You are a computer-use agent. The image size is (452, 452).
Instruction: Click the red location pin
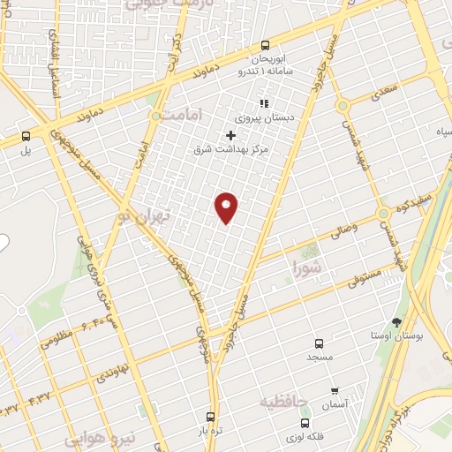(227, 207)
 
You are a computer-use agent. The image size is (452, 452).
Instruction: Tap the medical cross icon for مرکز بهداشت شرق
(231, 135)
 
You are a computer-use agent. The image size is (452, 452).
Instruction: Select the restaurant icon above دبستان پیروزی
(263, 103)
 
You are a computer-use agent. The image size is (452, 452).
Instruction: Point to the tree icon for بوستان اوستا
(395, 323)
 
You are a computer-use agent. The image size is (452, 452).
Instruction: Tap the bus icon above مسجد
(319, 343)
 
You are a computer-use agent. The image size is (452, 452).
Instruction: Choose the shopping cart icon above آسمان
(335, 390)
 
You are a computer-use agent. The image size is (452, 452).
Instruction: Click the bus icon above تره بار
(209, 417)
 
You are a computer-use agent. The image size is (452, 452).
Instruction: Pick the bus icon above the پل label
(26, 137)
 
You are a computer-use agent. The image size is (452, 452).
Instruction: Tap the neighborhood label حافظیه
(283, 403)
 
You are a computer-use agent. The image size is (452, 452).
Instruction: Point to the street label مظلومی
(56, 337)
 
